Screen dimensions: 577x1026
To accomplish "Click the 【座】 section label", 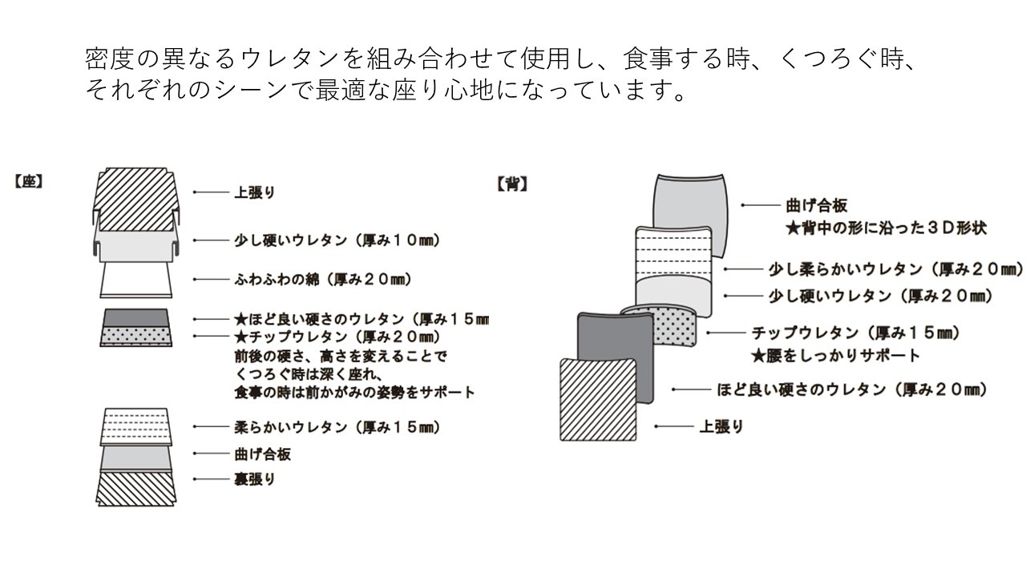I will point(27,181).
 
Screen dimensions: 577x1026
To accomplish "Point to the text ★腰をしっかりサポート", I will point(834,354).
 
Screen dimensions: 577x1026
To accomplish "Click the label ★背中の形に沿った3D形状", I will point(885,228).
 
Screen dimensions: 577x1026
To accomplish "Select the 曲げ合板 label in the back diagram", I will point(817,206).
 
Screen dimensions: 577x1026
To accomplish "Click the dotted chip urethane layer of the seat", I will point(135,337).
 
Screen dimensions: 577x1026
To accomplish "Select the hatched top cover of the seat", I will point(134,192).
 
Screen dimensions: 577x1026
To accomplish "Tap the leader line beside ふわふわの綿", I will point(208,280).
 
